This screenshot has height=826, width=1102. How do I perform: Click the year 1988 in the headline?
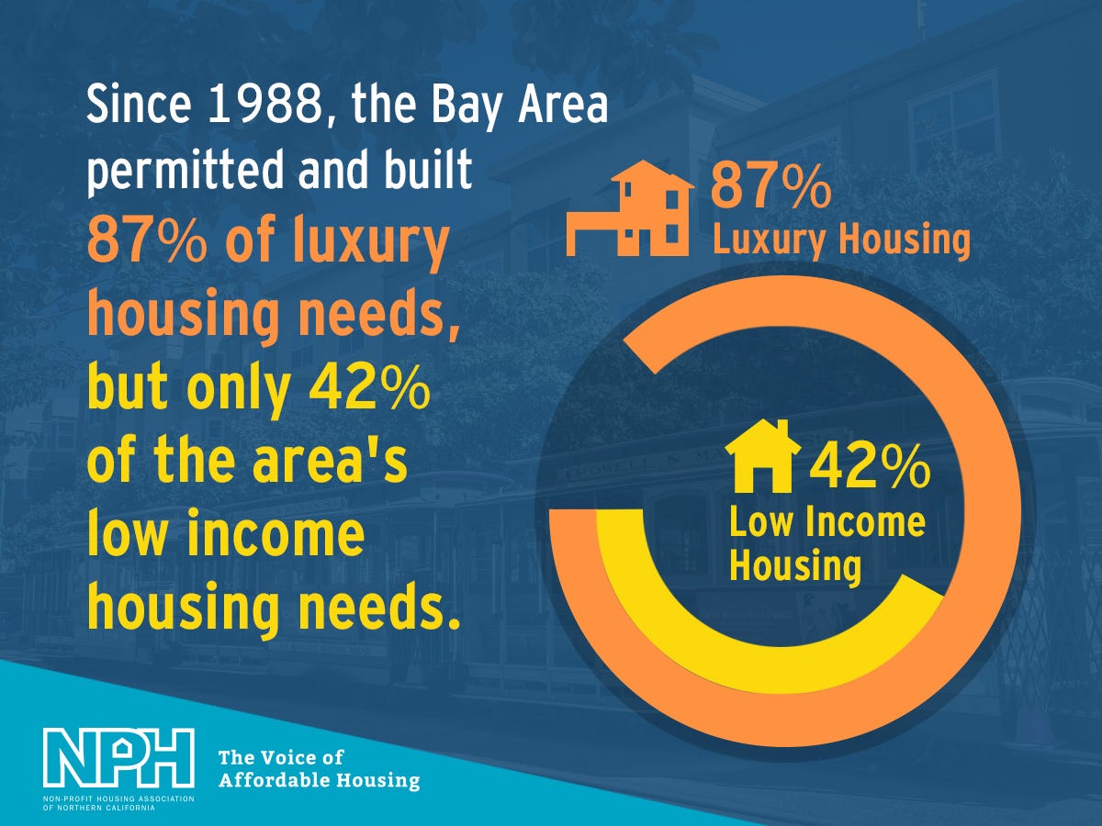coord(264,106)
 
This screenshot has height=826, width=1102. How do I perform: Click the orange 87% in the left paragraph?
coord(147,240)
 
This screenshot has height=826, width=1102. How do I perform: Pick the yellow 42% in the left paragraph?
coord(370,390)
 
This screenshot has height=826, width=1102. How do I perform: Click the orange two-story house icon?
coord(630,208)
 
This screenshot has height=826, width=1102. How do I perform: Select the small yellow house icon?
coord(762,455)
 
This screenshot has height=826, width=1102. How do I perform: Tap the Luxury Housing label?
coord(841,240)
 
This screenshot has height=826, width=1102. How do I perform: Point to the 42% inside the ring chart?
coord(869,468)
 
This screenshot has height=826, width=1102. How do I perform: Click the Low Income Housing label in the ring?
coord(826,543)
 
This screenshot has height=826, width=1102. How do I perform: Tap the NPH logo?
coord(118,758)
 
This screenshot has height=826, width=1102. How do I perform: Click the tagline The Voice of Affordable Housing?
coord(320,769)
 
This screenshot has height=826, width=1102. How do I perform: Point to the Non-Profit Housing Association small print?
coord(118,803)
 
